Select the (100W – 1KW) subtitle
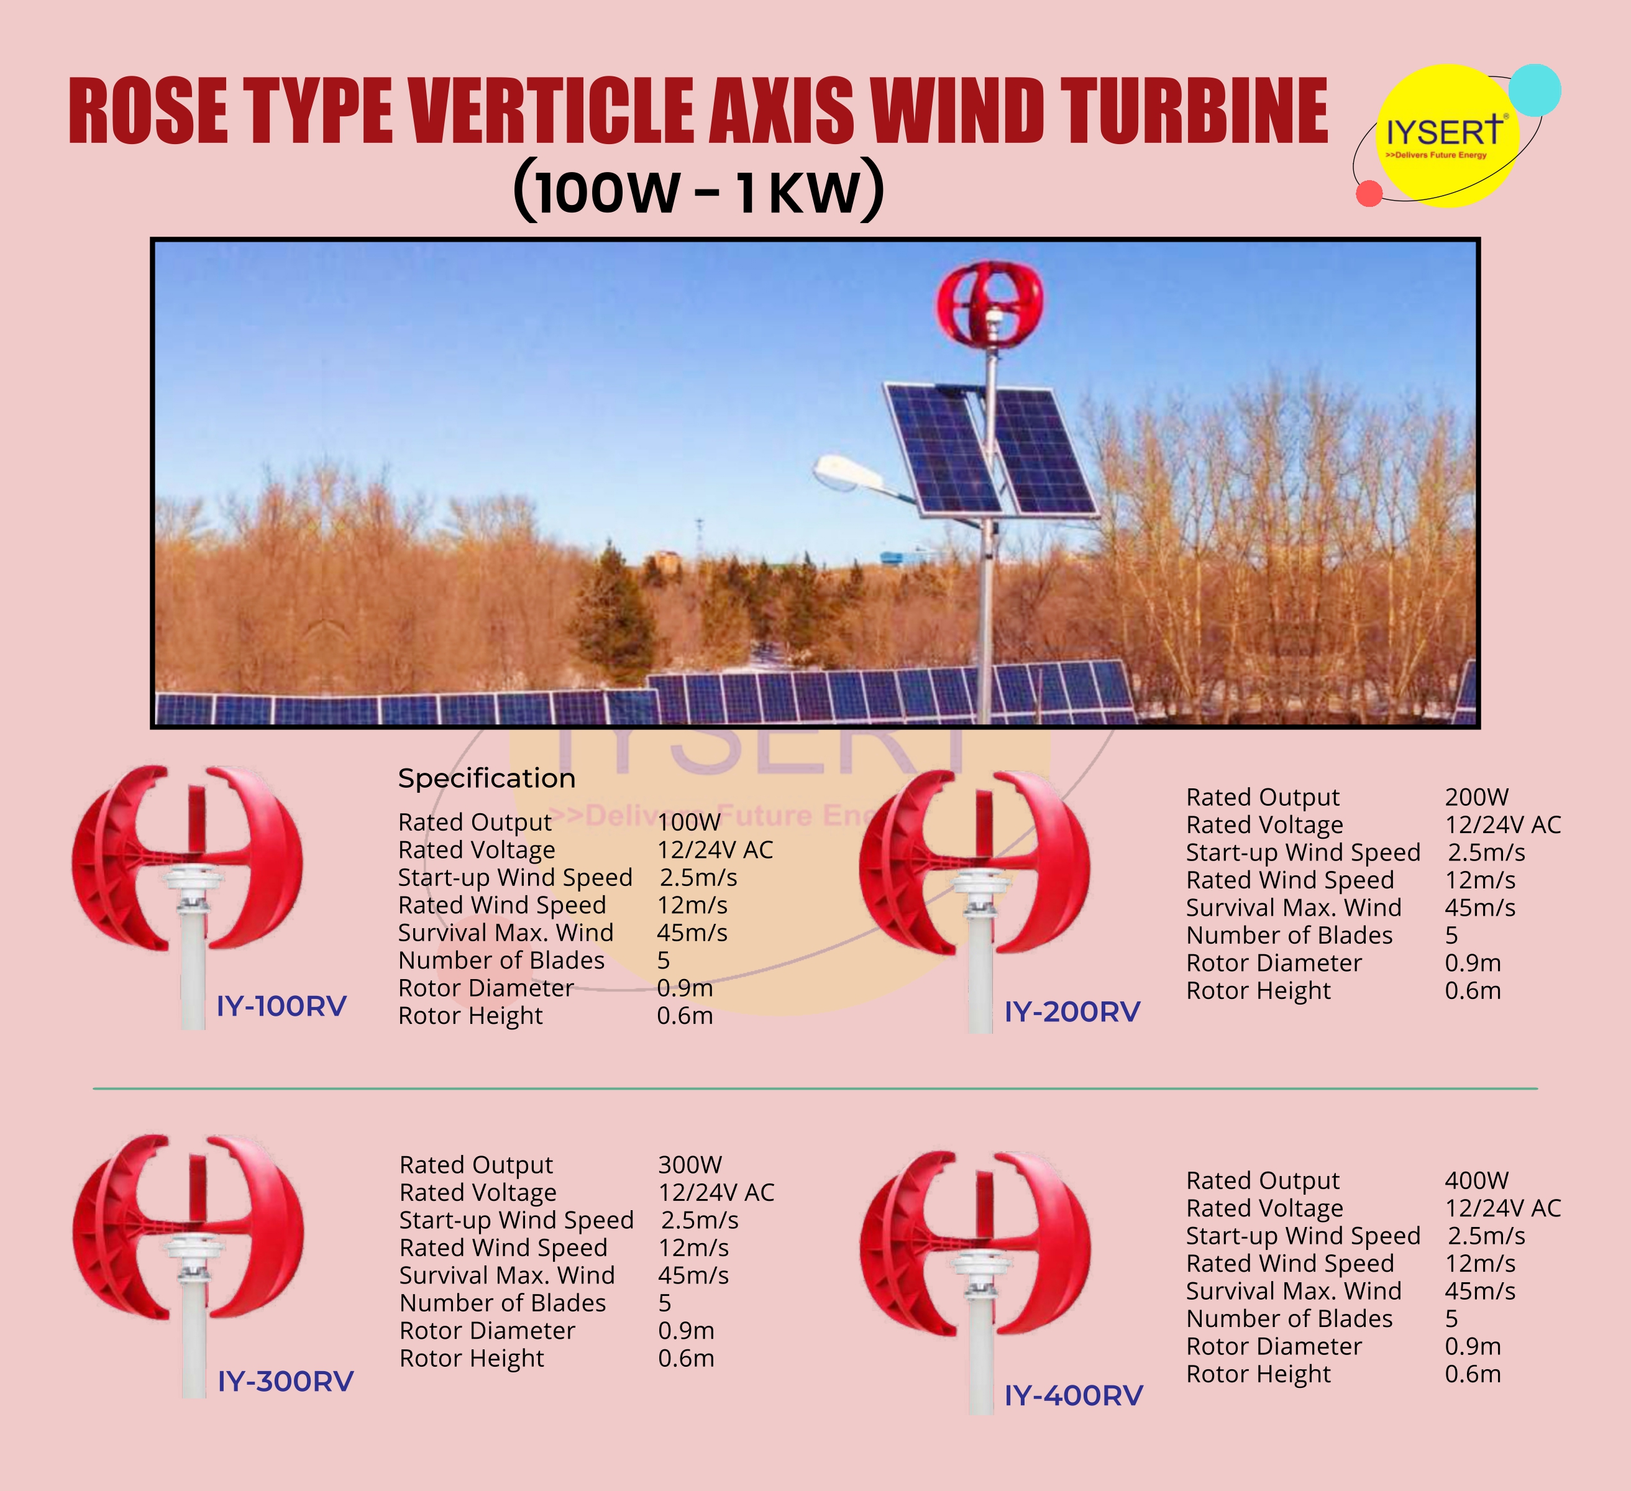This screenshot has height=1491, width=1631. (x=699, y=191)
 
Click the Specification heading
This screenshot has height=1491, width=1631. (x=487, y=778)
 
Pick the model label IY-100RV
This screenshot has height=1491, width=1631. (x=281, y=1006)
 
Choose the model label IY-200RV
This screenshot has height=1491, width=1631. (x=1072, y=1012)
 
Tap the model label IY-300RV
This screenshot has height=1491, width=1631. (x=286, y=1381)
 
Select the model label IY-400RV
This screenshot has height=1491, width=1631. (x=1074, y=1395)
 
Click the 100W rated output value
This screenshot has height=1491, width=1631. (x=688, y=822)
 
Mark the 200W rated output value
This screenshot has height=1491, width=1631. (x=1476, y=797)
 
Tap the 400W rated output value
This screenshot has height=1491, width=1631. (x=1476, y=1180)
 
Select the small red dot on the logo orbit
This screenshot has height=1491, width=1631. (x=1369, y=193)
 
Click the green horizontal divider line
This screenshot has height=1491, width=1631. (x=815, y=1089)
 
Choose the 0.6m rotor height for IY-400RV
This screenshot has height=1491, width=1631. (x=1473, y=1374)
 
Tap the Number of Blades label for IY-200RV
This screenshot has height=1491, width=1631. (x=1289, y=935)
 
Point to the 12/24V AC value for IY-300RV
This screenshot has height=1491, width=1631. (x=716, y=1192)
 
